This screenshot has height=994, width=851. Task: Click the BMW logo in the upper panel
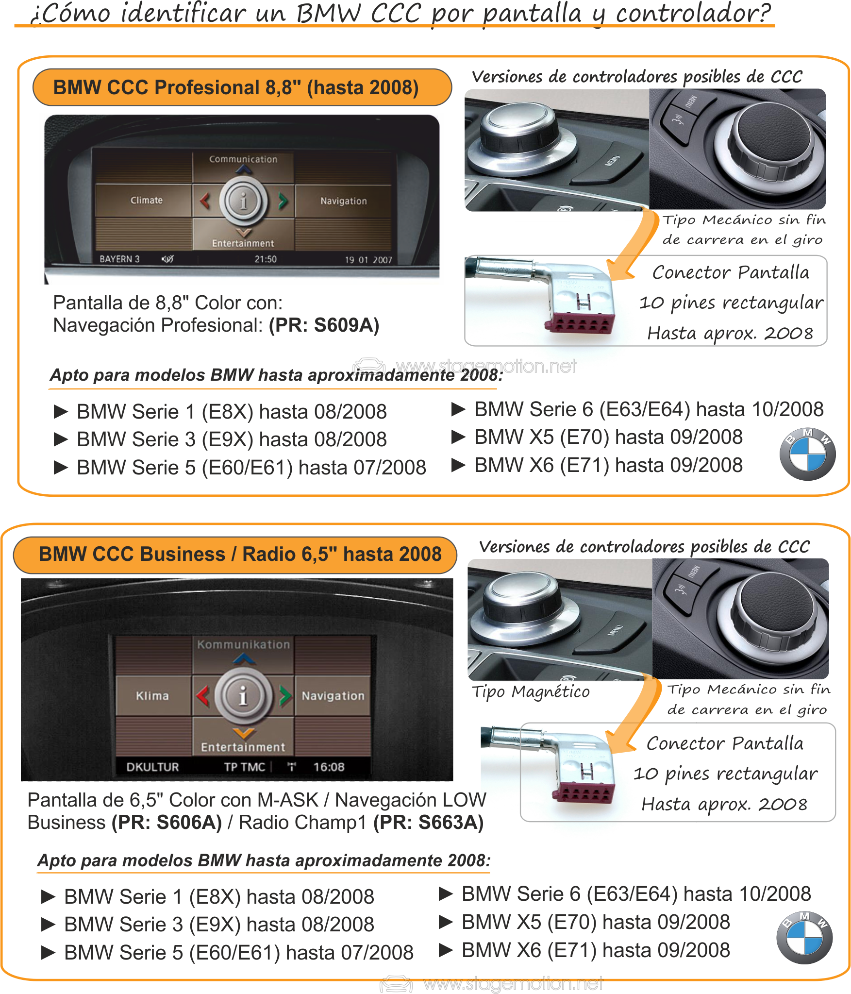807,454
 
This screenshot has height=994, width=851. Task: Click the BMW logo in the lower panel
804,937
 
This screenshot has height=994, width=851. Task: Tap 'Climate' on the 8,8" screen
146,200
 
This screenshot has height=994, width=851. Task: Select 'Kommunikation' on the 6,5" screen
243,644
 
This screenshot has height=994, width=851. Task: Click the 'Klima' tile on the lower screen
152,696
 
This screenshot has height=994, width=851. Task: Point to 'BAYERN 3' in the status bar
119,259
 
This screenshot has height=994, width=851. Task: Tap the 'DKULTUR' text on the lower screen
152,767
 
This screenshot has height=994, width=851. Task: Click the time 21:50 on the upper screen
266,259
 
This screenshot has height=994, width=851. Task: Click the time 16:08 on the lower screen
329,767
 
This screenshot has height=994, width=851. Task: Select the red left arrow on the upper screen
205,200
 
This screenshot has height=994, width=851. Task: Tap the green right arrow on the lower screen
285,696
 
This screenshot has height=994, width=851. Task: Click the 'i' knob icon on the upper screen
243,201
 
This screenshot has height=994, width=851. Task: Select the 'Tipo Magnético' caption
531,691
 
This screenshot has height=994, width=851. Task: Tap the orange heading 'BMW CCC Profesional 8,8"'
236,87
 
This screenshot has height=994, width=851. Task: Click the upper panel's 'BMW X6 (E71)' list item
608,465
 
